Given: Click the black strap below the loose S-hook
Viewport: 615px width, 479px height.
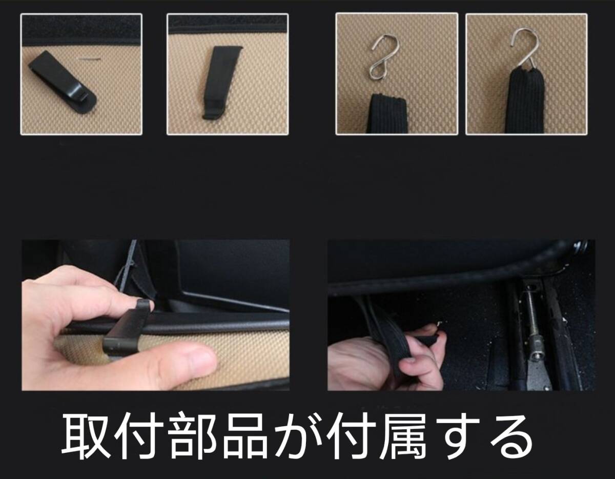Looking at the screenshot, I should [x=388, y=113].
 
